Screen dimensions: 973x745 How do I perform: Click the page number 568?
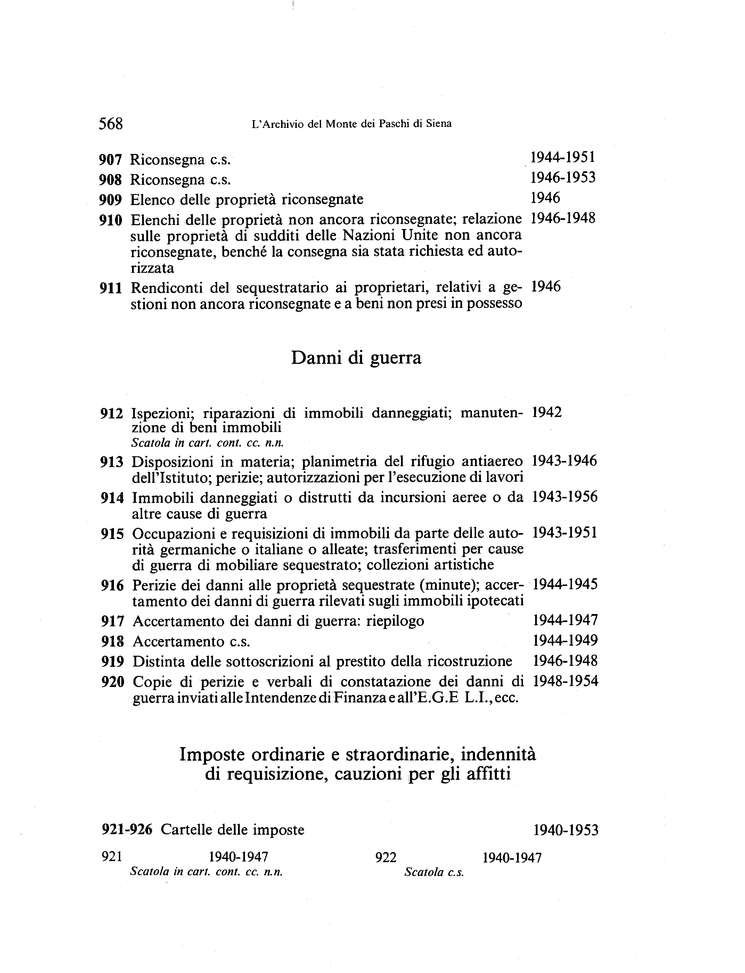click(110, 124)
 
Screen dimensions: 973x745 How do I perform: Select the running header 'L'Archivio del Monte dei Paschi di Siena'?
click(351, 124)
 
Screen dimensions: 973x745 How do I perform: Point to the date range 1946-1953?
click(563, 178)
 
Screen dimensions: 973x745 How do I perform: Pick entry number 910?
click(110, 220)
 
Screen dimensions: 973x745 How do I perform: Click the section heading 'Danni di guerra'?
click(356, 358)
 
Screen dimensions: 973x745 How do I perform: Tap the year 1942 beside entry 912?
click(547, 412)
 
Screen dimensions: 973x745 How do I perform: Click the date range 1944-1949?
click(565, 640)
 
